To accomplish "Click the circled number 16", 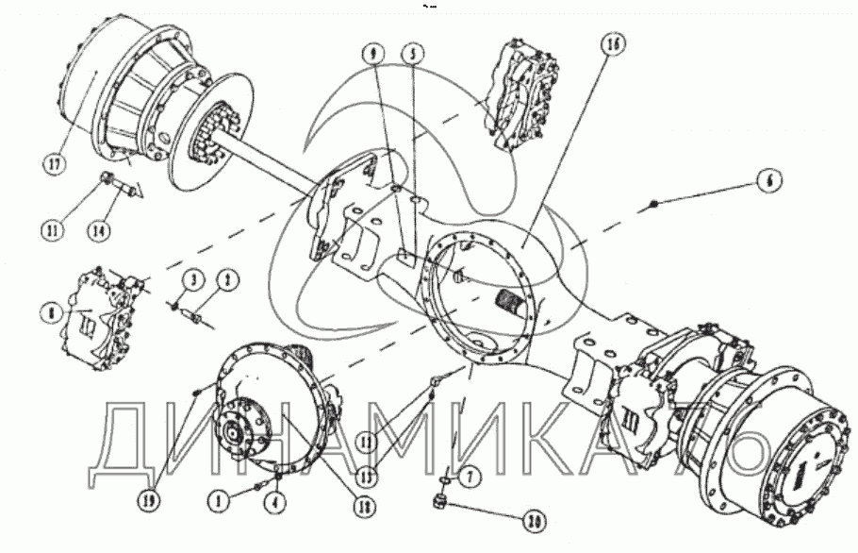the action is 612,45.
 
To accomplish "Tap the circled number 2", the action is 226,280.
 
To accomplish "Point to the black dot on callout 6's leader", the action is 652,203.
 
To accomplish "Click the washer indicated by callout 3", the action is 175,305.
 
